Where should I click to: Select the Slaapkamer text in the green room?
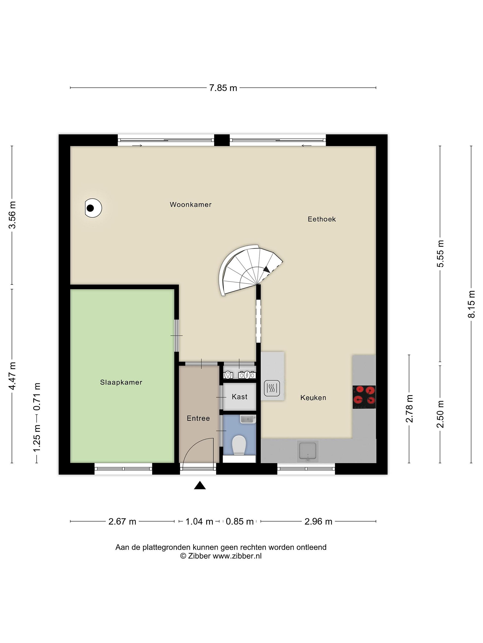tap(121, 382)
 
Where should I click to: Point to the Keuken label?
tap(313, 398)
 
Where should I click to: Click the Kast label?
tap(240, 397)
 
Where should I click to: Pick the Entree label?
tap(198, 418)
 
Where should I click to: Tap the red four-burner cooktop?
tap(364, 397)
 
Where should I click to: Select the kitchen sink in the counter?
tap(308, 451)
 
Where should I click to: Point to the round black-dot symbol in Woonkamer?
tap(93, 208)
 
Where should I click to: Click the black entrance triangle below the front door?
tap(200, 485)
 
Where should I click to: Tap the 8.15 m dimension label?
tap(471, 304)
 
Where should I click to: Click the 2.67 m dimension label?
tap(122, 522)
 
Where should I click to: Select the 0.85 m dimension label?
tap(240, 522)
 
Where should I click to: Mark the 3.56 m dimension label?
tap(12, 215)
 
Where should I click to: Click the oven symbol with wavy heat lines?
tap(272, 388)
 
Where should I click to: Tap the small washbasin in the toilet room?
tap(248, 419)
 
